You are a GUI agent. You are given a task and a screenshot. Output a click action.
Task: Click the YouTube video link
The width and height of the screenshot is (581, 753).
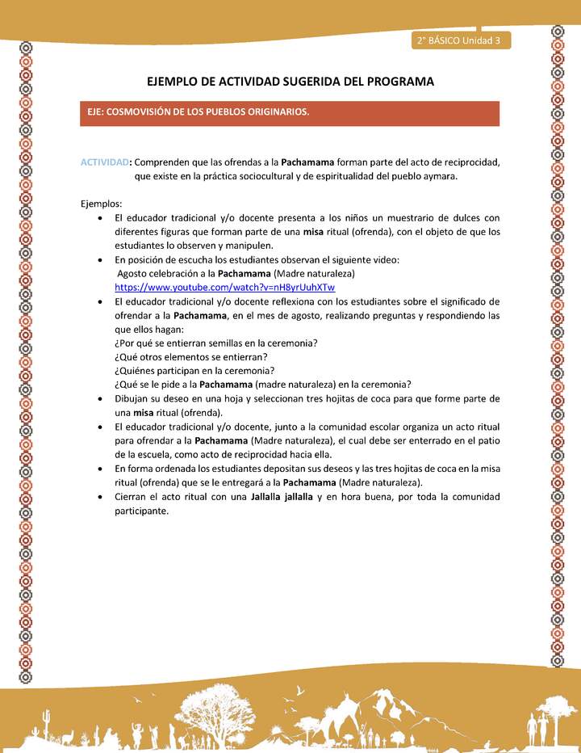coord(224,287)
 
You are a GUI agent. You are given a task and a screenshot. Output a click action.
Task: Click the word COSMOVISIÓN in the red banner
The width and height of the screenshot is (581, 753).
coord(140,112)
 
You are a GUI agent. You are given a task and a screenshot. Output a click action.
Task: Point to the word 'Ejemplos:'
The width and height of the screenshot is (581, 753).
coord(102,203)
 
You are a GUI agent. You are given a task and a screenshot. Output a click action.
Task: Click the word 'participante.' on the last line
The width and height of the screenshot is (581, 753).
coord(141,511)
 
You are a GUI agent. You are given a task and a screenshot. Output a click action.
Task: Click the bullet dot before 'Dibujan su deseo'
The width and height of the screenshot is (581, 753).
coord(98,399)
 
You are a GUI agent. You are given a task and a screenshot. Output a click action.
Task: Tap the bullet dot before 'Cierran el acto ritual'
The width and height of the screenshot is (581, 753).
coord(98,497)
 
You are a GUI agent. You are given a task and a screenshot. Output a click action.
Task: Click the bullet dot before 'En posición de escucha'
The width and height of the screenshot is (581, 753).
coord(98,260)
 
